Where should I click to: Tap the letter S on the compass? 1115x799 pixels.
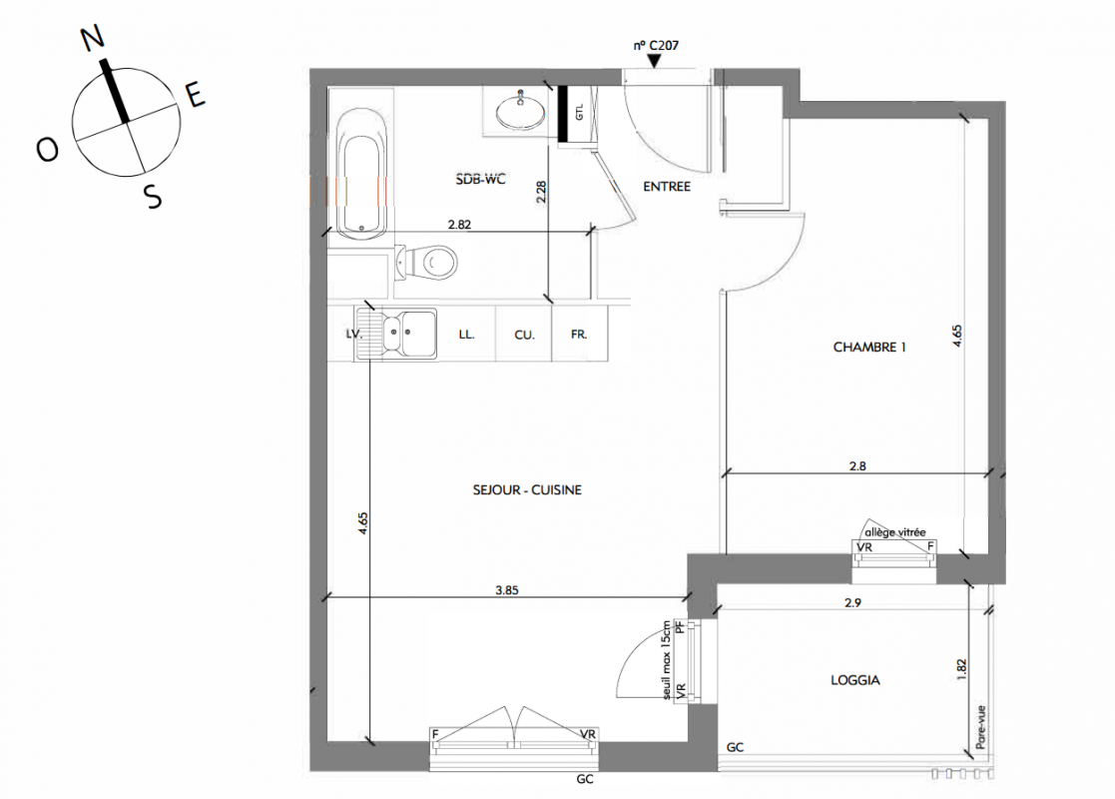click(153, 196)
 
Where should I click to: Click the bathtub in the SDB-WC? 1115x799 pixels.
click(362, 173)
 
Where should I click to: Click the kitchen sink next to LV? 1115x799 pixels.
click(398, 333)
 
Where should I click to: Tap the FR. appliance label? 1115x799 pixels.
click(579, 334)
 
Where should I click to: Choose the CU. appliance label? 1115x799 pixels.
click(524, 336)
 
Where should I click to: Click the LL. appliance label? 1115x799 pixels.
click(466, 334)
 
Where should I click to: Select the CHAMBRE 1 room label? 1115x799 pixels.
click(869, 348)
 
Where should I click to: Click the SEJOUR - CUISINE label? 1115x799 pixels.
click(527, 489)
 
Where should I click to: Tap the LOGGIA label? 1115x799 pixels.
click(854, 680)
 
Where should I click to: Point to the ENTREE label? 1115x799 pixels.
click(666, 187)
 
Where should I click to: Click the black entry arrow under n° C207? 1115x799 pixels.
click(654, 62)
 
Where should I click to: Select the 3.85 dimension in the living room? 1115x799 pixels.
click(507, 590)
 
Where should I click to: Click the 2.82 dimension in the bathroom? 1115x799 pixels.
click(459, 224)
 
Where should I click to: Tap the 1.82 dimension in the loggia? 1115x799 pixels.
click(961, 669)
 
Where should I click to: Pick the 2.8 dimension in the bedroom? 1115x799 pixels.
click(857, 466)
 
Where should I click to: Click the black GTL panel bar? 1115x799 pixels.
click(562, 113)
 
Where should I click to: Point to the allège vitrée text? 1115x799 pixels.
click(895, 532)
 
